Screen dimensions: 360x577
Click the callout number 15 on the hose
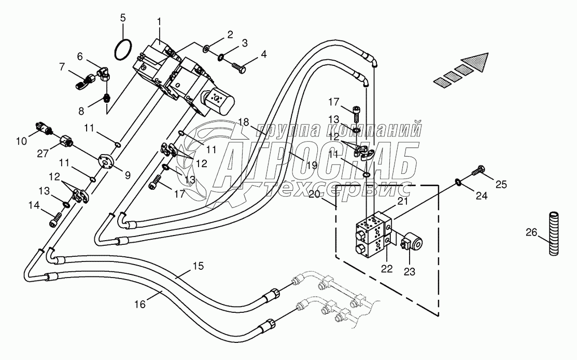click(198, 266)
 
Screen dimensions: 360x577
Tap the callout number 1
click(160, 22)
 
